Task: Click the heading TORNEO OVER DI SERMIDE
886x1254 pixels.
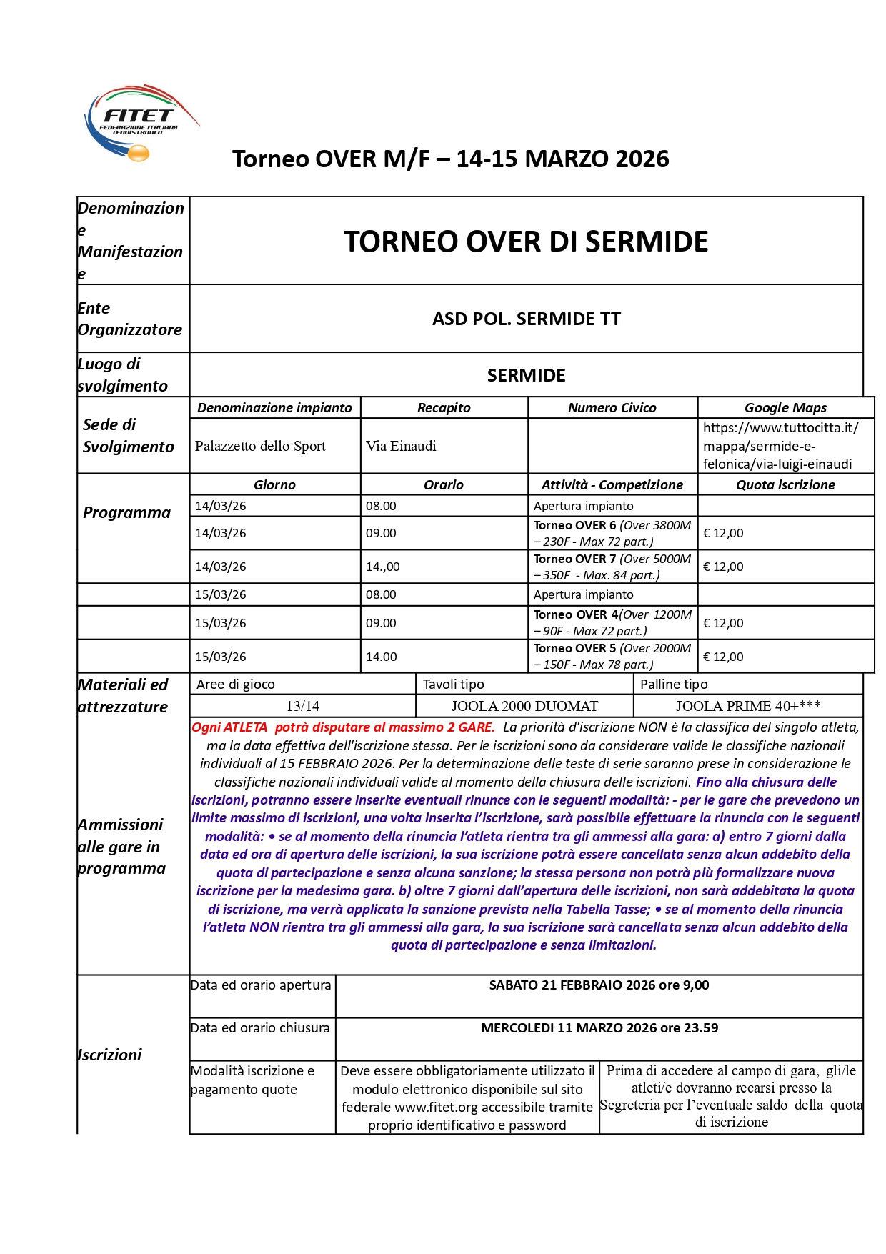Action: (526, 242)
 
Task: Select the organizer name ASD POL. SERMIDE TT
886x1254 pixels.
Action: (526, 319)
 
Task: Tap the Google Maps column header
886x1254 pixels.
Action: (785, 407)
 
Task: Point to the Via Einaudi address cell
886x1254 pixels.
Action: (401, 446)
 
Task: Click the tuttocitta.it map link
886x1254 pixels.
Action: (780, 446)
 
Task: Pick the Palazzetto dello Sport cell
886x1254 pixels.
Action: (260, 446)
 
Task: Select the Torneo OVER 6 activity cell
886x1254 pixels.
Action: (612, 533)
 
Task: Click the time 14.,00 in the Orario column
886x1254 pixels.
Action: (383, 567)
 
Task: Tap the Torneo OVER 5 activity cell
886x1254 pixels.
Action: (612, 656)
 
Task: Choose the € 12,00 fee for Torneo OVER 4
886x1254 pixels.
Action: (723, 623)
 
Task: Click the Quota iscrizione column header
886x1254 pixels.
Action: (785, 484)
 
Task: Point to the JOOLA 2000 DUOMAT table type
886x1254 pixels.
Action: (524, 706)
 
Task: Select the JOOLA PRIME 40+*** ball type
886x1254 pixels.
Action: (748, 706)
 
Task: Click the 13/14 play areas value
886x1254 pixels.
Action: (303, 706)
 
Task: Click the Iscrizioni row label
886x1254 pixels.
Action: (110, 1055)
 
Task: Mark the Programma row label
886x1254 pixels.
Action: (127, 512)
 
